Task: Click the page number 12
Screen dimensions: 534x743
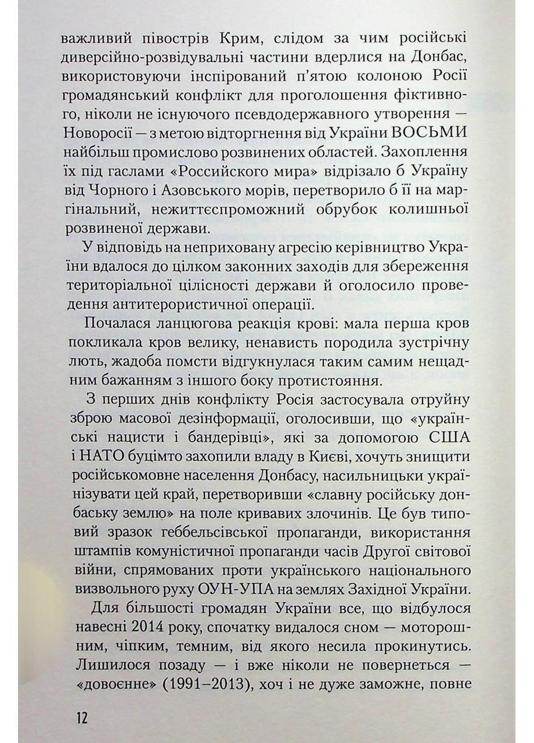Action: pos(81,717)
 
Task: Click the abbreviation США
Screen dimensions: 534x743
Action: pos(445,438)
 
